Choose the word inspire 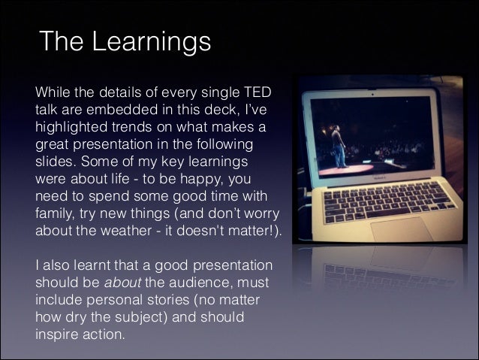tap(57, 333)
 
